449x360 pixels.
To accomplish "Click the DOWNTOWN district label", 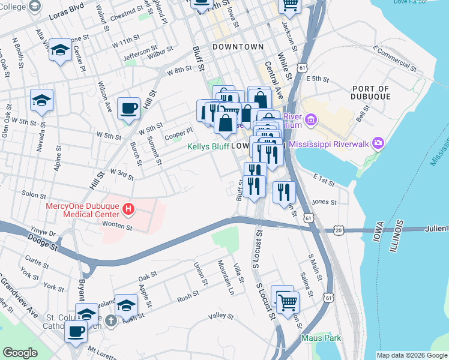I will [x=238, y=47].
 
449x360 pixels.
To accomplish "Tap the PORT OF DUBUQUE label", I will [x=372, y=92].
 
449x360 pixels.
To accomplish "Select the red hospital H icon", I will [x=128, y=209].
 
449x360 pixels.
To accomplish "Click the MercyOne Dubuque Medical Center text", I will [x=83, y=209].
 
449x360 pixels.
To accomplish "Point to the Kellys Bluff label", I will [x=208, y=146].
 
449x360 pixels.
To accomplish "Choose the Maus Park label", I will [x=321, y=338].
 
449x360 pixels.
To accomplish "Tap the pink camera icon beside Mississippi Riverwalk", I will [x=378, y=143].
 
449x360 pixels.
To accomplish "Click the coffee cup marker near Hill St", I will [x=128, y=109].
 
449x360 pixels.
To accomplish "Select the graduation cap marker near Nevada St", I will [x=42, y=100].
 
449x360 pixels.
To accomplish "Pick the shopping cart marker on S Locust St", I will [x=288, y=303].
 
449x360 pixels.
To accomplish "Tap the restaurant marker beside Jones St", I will [x=285, y=192].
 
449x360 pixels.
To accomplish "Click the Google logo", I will [x=20, y=353].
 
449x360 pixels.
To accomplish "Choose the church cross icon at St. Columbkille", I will [x=110, y=321].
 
